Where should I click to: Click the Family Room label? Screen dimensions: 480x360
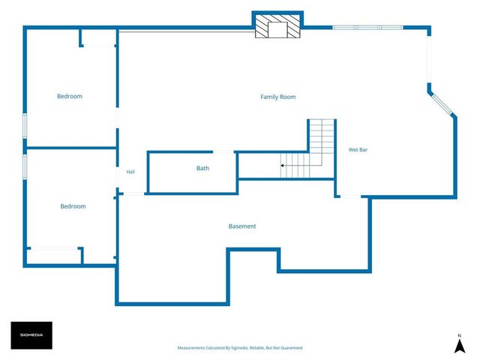(x=278, y=97)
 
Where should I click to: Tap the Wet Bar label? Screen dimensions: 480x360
(x=358, y=150)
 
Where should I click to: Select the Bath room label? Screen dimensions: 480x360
(x=202, y=168)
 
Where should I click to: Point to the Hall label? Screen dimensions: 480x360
(x=130, y=172)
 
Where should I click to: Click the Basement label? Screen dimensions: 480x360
(x=242, y=226)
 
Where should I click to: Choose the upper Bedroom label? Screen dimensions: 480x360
(x=70, y=96)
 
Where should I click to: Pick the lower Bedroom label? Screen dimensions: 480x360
(x=73, y=206)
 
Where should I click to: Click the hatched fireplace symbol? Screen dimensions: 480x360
(x=277, y=26)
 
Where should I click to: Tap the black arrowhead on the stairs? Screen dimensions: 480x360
(x=282, y=166)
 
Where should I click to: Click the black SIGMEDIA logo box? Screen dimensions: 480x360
(x=31, y=335)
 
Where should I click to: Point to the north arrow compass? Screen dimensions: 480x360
(x=460, y=344)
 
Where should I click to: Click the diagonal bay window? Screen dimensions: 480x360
(x=442, y=105)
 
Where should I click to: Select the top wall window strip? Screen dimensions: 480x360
(x=367, y=28)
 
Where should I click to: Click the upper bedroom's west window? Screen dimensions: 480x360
(x=25, y=126)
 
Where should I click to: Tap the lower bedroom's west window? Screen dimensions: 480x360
(x=25, y=166)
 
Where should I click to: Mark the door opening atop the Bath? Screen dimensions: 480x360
(x=223, y=151)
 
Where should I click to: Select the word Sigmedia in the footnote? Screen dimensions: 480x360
(x=240, y=348)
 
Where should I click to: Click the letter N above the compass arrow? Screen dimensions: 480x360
(x=460, y=335)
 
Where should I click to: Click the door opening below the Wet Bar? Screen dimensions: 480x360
(x=351, y=196)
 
